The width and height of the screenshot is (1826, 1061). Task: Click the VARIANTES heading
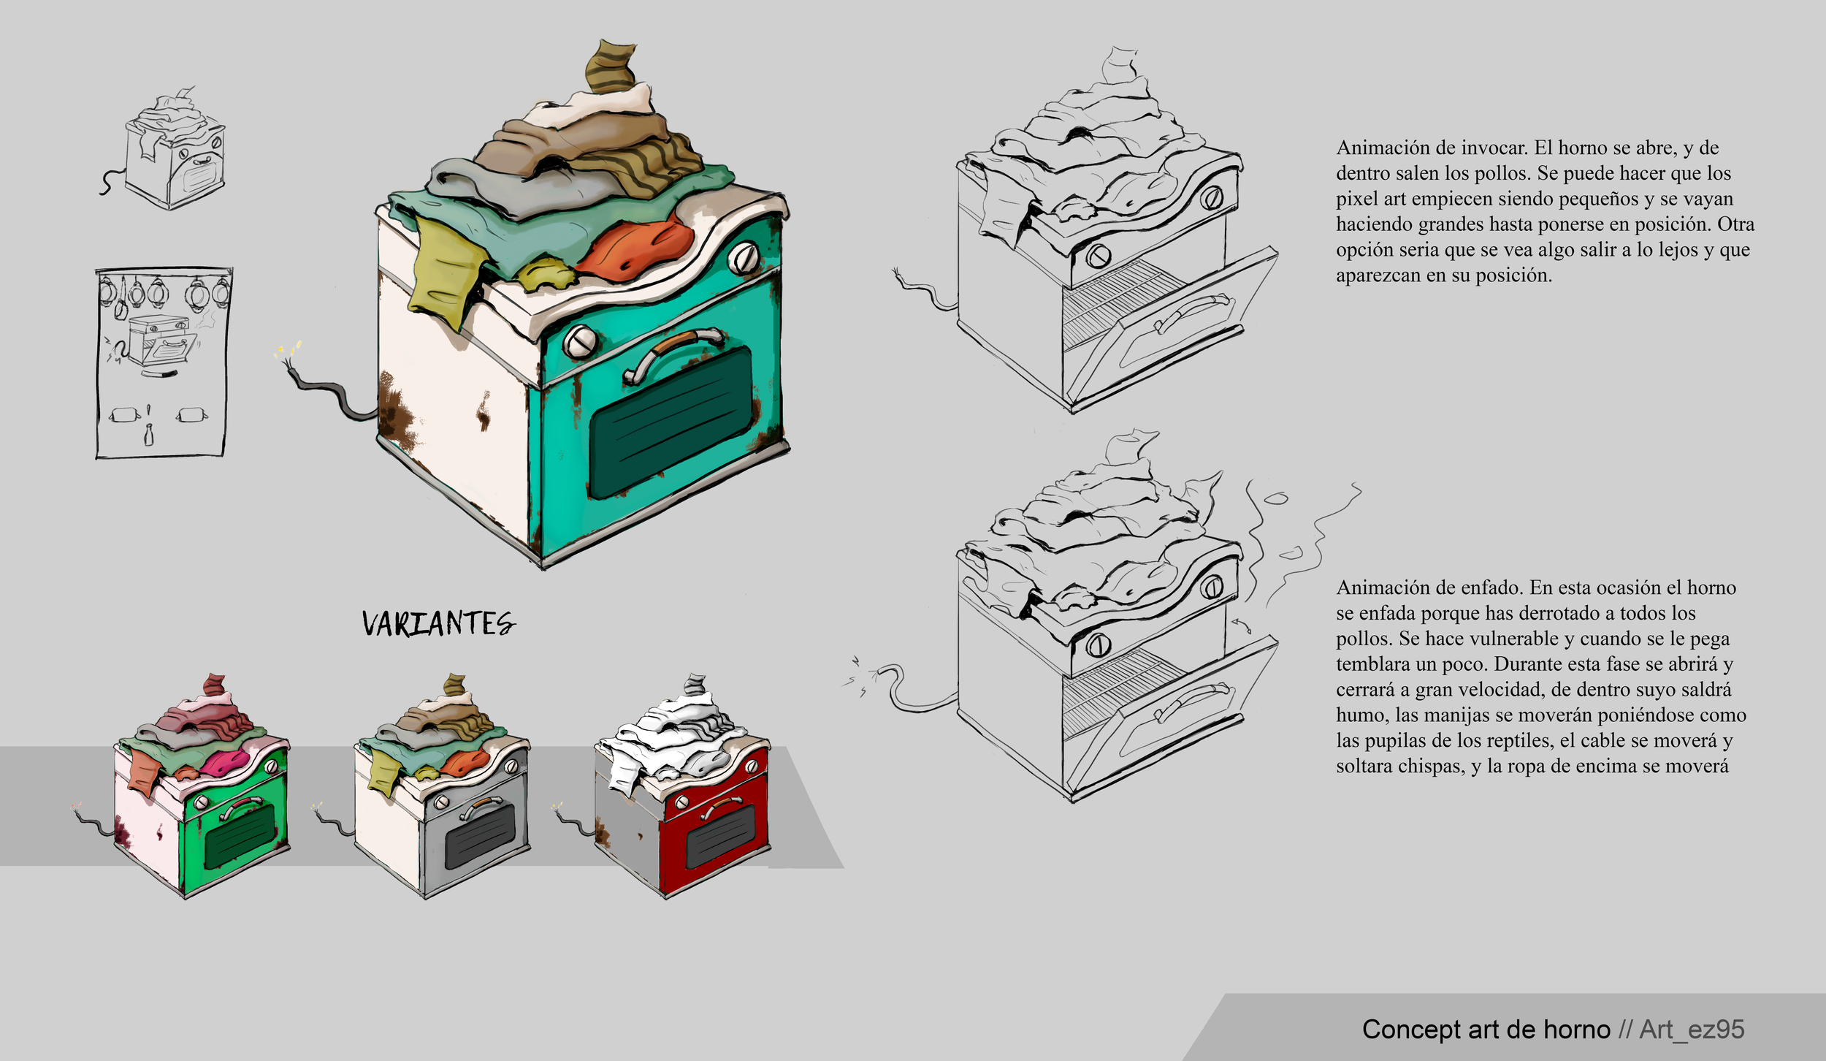click(438, 623)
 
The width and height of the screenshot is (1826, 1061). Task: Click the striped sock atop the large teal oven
click(611, 66)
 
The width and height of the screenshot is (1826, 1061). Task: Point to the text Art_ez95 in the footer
click(1692, 1029)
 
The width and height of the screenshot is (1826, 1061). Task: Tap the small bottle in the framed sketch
click(148, 436)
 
